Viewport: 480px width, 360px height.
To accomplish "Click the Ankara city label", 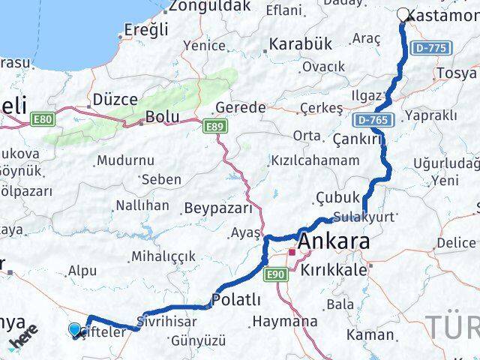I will coord(334,243).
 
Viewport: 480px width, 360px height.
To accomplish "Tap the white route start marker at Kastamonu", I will coord(403,14).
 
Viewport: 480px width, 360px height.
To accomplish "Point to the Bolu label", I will coord(163,117).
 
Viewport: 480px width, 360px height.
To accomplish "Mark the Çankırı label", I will coord(357,139).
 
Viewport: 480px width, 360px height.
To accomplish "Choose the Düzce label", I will coord(115,99).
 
